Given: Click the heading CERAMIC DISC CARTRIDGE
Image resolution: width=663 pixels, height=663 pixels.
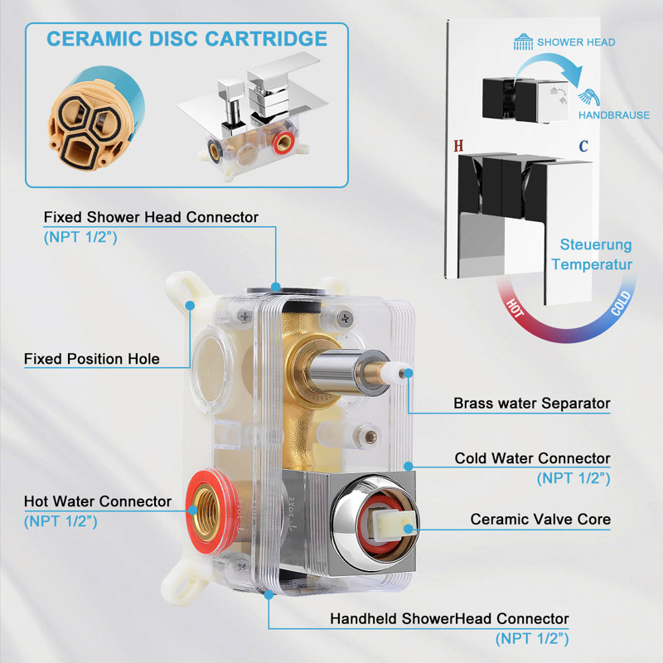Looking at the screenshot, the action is click(187, 39).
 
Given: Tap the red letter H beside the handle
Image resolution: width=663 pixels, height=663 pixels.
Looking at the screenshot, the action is click(458, 146).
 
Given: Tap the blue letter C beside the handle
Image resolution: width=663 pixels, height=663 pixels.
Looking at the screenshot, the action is click(583, 146).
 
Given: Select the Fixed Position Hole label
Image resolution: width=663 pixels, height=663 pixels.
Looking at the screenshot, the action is click(92, 359).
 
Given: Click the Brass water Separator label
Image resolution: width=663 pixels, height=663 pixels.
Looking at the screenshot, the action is click(532, 404).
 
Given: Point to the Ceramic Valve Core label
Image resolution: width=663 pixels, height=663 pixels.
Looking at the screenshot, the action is click(540, 520).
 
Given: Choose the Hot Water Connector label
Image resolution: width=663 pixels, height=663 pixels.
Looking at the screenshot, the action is click(98, 501).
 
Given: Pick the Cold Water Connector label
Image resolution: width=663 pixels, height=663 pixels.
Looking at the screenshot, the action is click(532, 458).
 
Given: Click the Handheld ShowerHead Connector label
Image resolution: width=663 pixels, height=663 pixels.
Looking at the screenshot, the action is click(449, 618).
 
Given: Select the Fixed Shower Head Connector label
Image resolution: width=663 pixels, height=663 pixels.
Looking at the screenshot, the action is click(151, 217).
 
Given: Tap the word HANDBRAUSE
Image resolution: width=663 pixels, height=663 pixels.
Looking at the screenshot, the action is click(614, 115).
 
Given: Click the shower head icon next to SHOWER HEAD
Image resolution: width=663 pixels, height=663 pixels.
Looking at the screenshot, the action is click(523, 42).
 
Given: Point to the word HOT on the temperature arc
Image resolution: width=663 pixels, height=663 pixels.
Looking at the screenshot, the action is click(515, 307).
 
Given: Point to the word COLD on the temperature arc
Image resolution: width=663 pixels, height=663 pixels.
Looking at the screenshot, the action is click(621, 303).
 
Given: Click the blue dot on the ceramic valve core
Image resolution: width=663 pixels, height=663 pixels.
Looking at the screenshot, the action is click(408, 529).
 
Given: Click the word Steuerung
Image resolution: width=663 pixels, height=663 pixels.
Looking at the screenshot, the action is click(596, 244).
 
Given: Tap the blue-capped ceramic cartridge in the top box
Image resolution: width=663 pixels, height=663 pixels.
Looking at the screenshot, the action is click(96, 119).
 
